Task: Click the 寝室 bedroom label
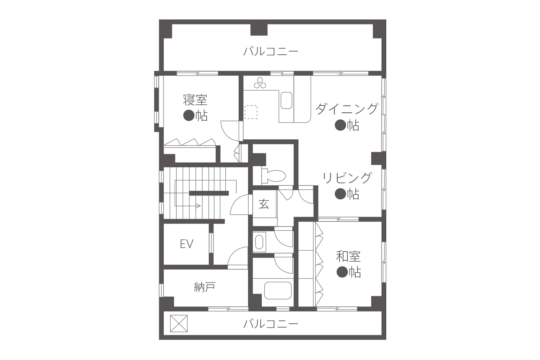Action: pyautogui.click(x=195, y=100)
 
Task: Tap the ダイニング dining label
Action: pyautogui.click(x=346, y=109)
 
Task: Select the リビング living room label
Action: pyautogui.click(x=347, y=178)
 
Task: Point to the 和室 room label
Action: pyautogui.click(x=348, y=257)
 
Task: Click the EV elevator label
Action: pyautogui.click(x=186, y=244)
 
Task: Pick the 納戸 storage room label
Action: pyautogui.click(x=204, y=287)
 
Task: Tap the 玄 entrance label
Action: pyautogui.click(x=264, y=204)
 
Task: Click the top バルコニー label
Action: pyautogui.click(x=270, y=51)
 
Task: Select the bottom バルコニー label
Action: pyautogui.click(x=270, y=324)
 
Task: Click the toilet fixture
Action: pyautogui.click(x=274, y=176)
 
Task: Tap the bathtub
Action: pyautogui.click(x=278, y=291)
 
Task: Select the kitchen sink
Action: pyautogui.click(x=287, y=100)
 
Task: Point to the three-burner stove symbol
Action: pyautogui.click(x=260, y=83)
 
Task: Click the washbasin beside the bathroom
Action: pyautogui.click(x=259, y=242)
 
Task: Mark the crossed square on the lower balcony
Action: pyautogui.click(x=179, y=324)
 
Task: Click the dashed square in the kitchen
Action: pyautogui.click(x=251, y=112)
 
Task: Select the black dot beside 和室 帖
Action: pyautogui.click(x=342, y=272)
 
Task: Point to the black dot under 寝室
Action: pyautogui.click(x=189, y=116)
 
